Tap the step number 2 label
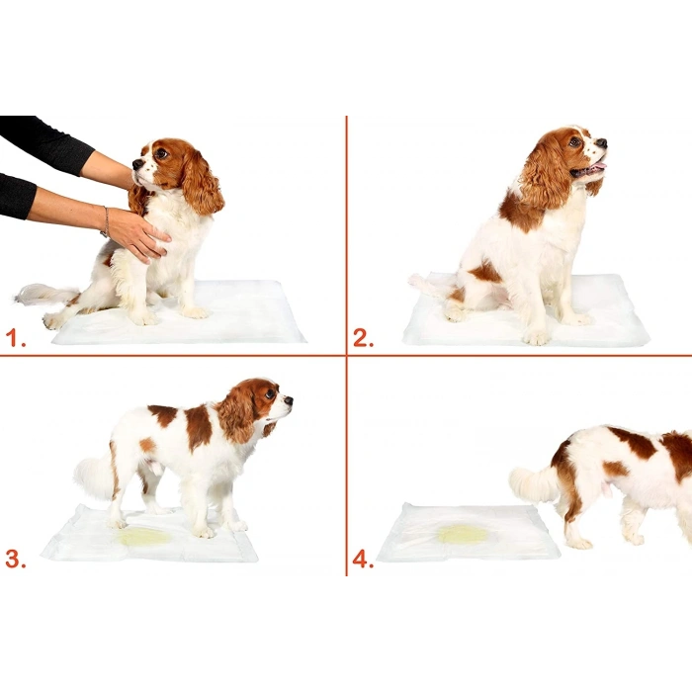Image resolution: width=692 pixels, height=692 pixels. [363, 339]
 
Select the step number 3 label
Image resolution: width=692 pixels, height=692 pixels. [14, 559]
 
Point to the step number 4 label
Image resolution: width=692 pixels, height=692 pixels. [363, 559]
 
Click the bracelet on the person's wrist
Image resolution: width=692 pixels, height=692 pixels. [105, 220]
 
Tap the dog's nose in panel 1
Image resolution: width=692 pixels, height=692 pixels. [136, 164]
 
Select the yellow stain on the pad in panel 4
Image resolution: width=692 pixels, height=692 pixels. [463, 534]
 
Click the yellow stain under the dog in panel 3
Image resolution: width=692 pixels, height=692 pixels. [144, 537]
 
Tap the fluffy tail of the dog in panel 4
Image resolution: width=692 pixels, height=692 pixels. [533, 483]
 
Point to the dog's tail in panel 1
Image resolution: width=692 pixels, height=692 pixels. [44, 294]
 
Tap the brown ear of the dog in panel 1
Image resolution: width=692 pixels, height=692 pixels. [202, 183]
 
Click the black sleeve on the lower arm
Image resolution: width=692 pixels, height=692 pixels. [16, 196]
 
